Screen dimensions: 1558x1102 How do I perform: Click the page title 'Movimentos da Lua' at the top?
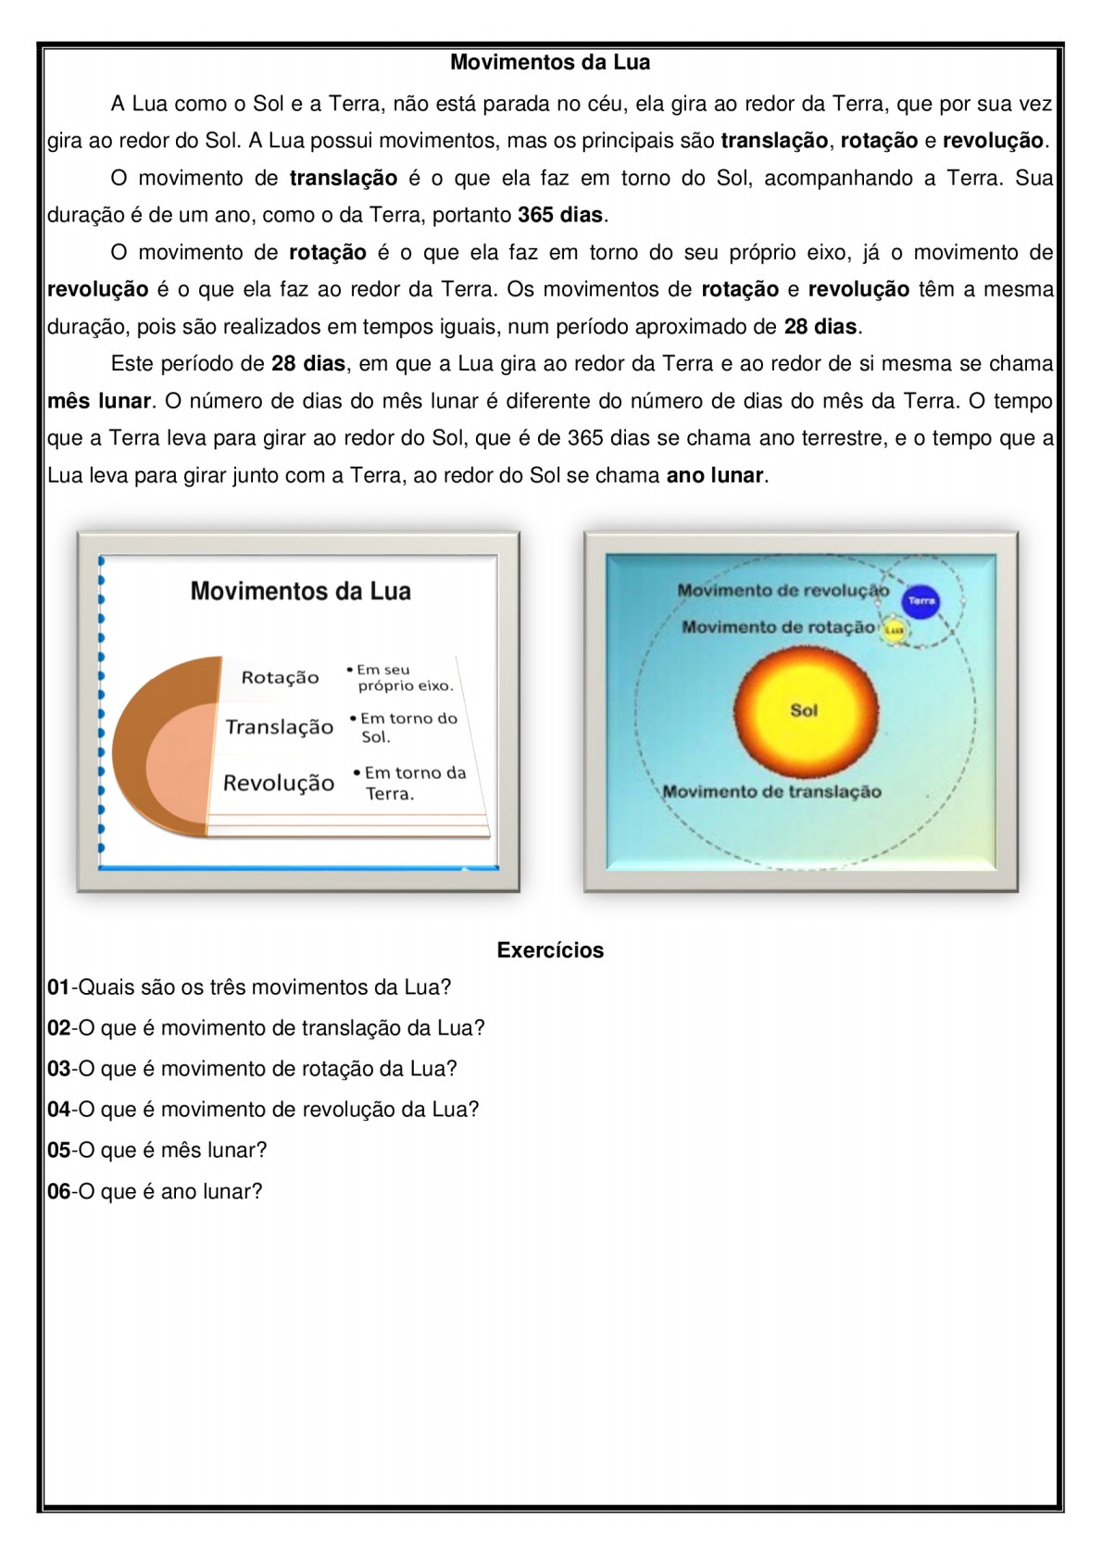click(x=550, y=63)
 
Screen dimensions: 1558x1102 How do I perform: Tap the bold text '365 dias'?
click(x=560, y=216)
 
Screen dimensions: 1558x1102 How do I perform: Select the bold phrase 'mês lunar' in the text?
click(x=99, y=401)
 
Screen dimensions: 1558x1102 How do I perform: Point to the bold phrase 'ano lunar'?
click(x=715, y=476)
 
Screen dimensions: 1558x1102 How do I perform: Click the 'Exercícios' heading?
click(x=550, y=950)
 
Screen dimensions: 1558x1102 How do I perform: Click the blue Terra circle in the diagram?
click(x=920, y=601)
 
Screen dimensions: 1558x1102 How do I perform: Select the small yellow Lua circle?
click(x=894, y=630)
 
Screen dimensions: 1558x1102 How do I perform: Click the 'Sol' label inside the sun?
click(x=804, y=710)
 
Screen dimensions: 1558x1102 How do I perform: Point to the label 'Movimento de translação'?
click(x=772, y=792)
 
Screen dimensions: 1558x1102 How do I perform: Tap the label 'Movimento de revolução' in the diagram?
click(x=783, y=591)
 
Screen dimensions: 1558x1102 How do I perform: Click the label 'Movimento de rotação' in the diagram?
click(x=777, y=628)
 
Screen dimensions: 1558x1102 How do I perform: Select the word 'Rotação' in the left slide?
click(x=280, y=678)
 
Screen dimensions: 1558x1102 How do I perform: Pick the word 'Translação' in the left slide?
click(x=279, y=727)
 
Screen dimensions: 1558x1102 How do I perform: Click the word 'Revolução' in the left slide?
click(x=279, y=784)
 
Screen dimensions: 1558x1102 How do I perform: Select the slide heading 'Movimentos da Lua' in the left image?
click(x=300, y=592)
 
